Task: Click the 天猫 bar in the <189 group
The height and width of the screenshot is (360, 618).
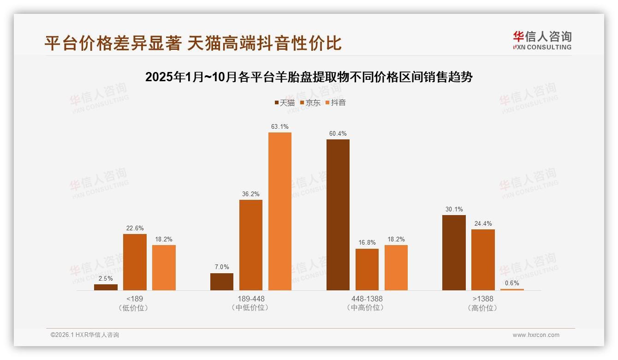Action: tap(106, 287)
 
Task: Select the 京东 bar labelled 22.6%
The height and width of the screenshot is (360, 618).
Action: tap(135, 262)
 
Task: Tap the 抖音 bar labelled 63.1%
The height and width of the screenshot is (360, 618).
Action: tap(280, 211)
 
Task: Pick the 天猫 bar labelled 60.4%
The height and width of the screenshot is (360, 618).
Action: tap(338, 215)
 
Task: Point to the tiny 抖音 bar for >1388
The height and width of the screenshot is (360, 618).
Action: tap(512, 289)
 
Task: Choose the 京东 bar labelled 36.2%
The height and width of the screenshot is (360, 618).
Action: tap(251, 245)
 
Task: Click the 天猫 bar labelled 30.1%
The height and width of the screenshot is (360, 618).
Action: tap(454, 252)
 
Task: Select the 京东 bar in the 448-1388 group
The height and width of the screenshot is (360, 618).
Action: tap(367, 270)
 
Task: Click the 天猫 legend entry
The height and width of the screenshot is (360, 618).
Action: tap(285, 102)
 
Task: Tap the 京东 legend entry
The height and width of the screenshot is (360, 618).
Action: tap(310, 102)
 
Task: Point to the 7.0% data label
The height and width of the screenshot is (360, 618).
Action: tap(222, 267)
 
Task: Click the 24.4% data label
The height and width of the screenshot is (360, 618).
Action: tap(483, 224)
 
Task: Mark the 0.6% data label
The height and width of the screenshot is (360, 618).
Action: tap(512, 283)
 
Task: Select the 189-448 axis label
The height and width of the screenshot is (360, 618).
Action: tap(251, 299)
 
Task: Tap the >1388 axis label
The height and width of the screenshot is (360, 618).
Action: tap(483, 299)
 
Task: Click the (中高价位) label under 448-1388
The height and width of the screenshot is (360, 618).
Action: tap(367, 307)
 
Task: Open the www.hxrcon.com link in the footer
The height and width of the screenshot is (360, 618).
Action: tap(536, 335)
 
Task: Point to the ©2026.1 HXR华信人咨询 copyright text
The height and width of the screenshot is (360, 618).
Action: tap(85, 335)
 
